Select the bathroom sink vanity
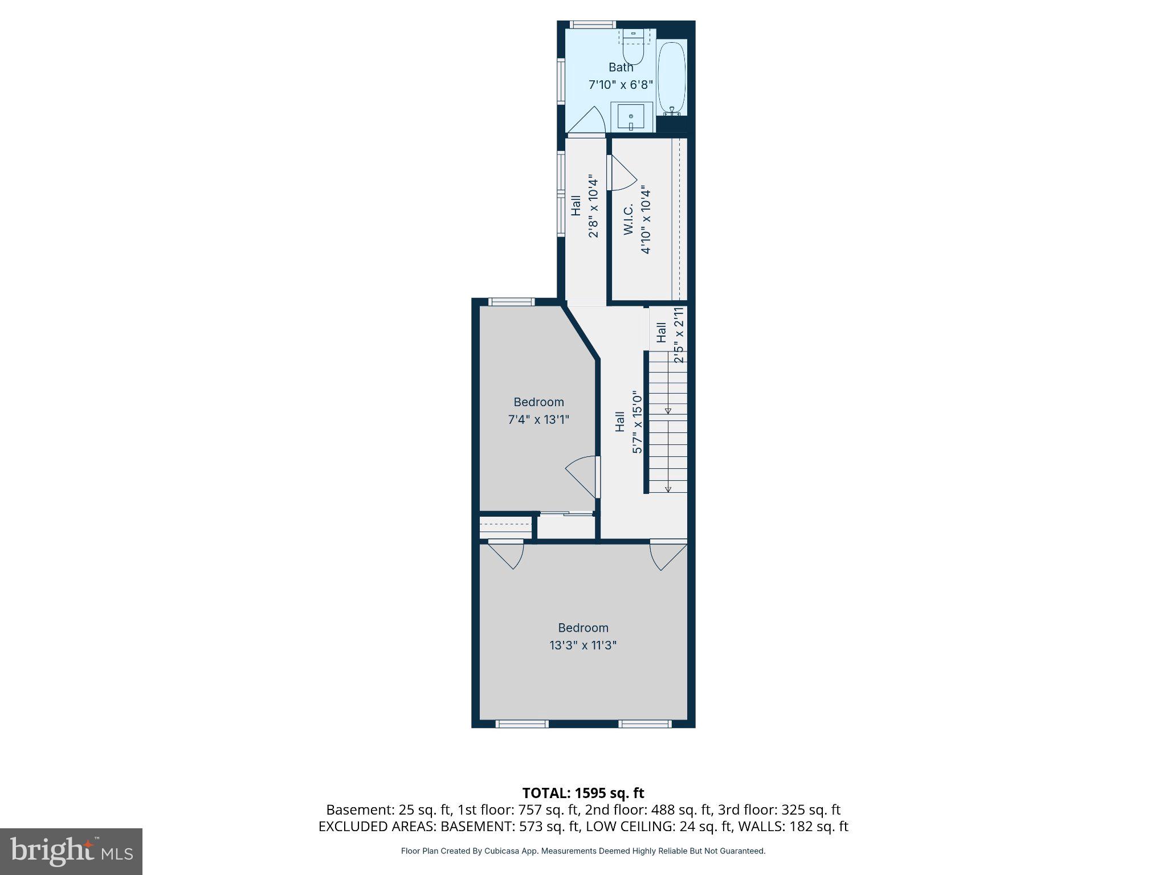[x=631, y=117]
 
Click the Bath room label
[x=621, y=67]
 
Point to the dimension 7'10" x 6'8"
[x=621, y=85]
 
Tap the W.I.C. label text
[x=629, y=219]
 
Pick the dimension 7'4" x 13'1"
[x=538, y=420]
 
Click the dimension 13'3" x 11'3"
[x=583, y=645]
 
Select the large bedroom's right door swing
[x=667, y=555]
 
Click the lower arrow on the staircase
[x=668, y=489]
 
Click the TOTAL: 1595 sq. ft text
[x=583, y=793]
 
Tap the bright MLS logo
[x=71, y=851]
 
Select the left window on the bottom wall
[x=522, y=724]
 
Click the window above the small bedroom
[x=511, y=302]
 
